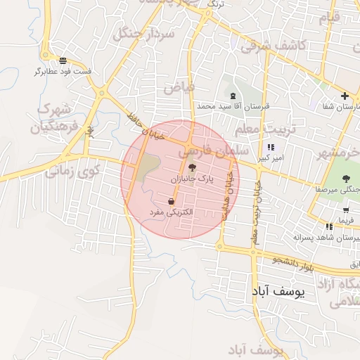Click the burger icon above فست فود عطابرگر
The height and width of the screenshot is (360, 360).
[63, 60]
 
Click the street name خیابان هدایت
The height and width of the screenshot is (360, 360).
[226, 196]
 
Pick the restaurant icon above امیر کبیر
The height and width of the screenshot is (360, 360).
[270, 148]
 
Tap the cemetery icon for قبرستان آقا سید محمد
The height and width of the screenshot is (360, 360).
[233, 96]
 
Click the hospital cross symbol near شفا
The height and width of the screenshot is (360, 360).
[345, 96]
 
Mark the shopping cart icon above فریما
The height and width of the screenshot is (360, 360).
[346, 210]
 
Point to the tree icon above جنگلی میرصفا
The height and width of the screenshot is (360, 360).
[346, 179]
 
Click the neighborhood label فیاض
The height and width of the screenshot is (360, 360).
[179, 88]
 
